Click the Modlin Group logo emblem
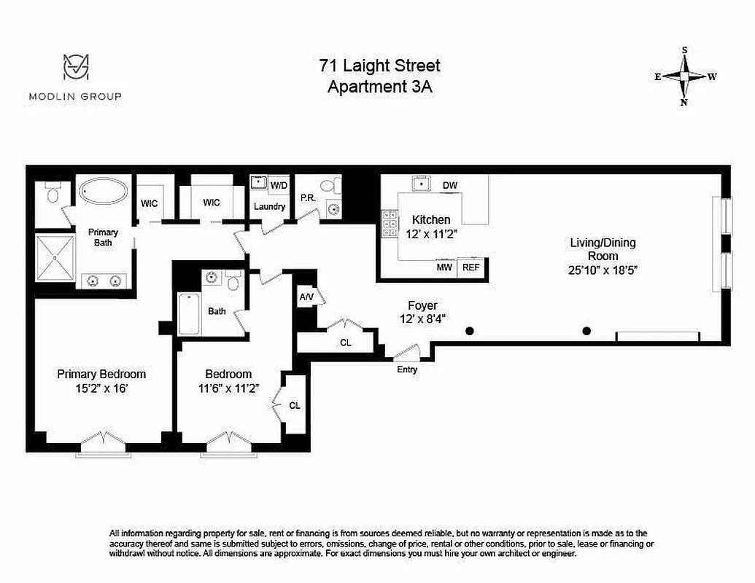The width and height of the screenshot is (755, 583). [x=75, y=68]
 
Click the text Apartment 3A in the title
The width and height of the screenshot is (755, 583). [x=379, y=87]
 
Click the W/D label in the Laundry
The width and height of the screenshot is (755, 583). [x=279, y=186]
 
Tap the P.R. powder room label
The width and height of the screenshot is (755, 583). [x=307, y=197]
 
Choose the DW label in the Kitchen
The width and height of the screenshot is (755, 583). [x=450, y=186]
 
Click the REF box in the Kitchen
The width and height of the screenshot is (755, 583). [x=471, y=267]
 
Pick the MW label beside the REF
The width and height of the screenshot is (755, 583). [x=444, y=267]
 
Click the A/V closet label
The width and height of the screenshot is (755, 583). [x=306, y=297]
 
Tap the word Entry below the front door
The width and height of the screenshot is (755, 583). [x=407, y=369]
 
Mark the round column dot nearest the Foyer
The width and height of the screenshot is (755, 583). [x=470, y=331]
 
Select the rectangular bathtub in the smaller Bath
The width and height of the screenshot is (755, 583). [x=189, y=314]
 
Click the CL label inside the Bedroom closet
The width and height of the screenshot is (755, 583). [x=294, y=406]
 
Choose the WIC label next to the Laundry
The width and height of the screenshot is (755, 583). [x=212, y=203]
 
